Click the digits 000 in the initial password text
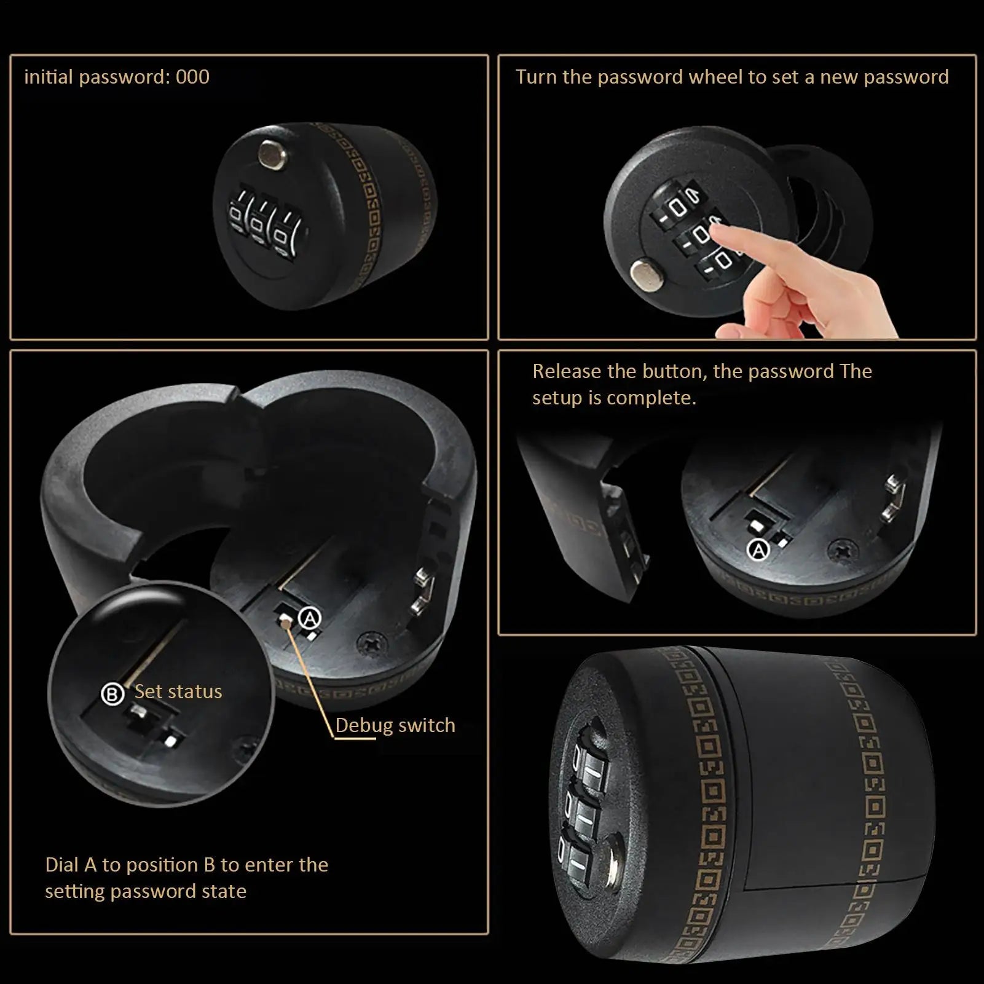192,77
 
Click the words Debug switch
395,725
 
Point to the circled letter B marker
112,695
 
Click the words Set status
178,691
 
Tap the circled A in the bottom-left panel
310,618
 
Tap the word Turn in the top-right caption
536,77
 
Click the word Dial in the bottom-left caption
62,865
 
